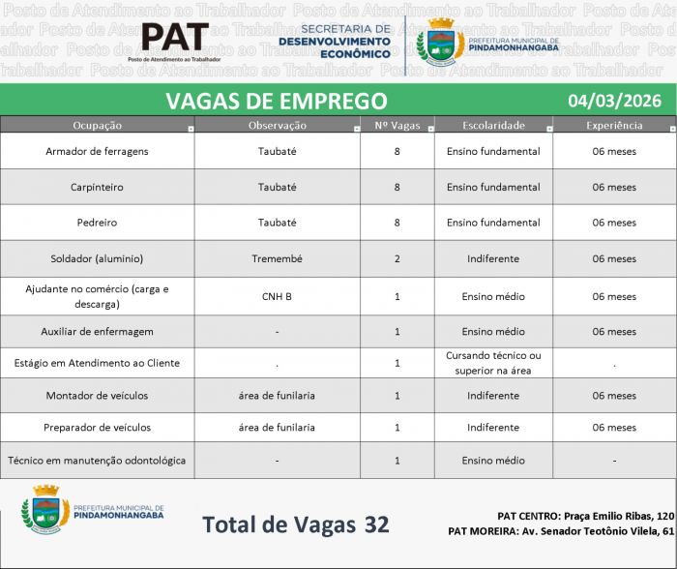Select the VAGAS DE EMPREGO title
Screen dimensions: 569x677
click(276, 101)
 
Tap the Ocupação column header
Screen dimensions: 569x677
click(97, 125)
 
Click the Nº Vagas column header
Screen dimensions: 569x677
click(397, 125)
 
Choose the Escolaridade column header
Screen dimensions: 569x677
click(493, 125)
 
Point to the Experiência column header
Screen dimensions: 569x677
click(614, 125)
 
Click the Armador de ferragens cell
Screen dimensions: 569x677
click(97, 151)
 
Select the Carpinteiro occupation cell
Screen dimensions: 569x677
click(97, 187)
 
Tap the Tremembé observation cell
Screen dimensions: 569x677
click(278, 258)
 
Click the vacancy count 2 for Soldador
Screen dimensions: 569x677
click(397, 258)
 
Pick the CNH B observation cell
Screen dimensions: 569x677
click(278, 296)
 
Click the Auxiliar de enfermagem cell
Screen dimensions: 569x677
click(97, 331)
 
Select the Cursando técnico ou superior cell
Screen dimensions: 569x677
click(493, 363)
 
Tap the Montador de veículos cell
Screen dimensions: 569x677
click(97, 395)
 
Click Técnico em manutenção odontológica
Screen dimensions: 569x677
click(97, 461)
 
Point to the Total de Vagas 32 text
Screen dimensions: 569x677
click(296, 524)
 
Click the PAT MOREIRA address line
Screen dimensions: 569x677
click(561, 531)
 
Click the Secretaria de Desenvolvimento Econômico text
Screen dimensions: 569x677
click(335, 42)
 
